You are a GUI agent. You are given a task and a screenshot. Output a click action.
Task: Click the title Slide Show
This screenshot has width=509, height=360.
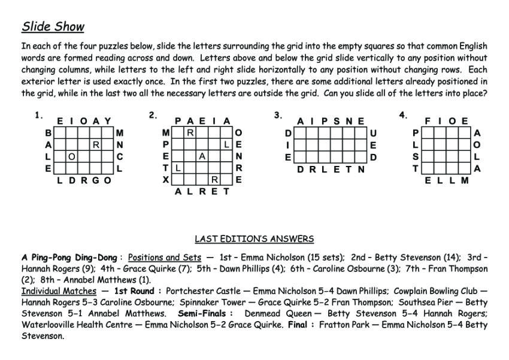(x=53, y=26)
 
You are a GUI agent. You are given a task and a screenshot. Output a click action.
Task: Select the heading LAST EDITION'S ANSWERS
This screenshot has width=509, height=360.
(x=255, y=239)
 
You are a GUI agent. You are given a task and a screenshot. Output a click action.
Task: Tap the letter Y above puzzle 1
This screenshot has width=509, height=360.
(x=108, y=122)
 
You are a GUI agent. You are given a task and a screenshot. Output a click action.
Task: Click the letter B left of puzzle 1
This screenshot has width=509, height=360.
(x=48, y=132)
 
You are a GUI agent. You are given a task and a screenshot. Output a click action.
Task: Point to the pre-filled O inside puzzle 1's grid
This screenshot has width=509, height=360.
(x=71, y=156)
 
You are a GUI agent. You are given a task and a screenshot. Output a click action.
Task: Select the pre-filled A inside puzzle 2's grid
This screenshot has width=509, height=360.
(x=202, y=156)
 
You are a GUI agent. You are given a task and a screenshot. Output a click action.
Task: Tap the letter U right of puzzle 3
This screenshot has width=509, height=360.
(x=374, y=133)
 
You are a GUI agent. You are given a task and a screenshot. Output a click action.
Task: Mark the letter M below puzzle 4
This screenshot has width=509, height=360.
(x=465, y=180)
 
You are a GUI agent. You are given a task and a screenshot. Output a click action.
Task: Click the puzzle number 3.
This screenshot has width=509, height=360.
(x=278, y=115)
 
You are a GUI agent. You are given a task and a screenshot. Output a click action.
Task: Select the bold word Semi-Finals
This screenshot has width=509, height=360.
(x=202, y=313)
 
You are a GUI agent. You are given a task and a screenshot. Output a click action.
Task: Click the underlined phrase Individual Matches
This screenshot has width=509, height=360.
(x=59, y=291)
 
